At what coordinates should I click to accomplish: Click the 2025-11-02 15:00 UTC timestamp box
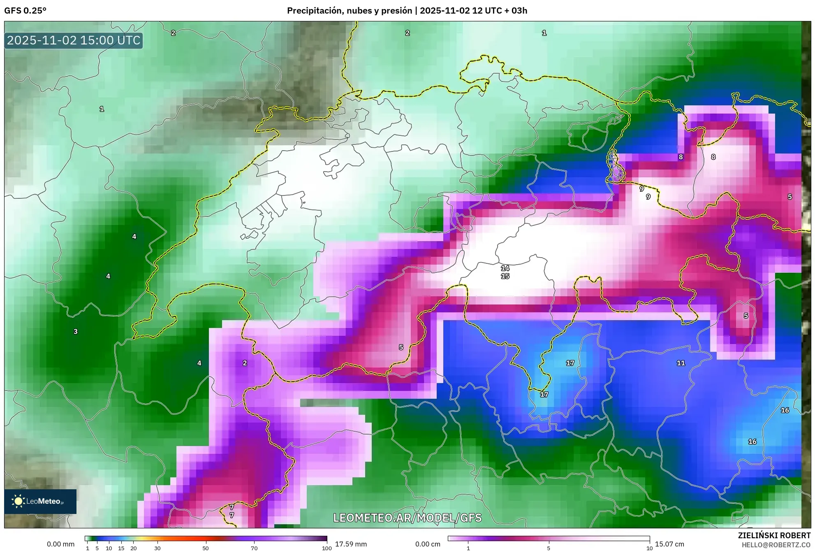point(74,40)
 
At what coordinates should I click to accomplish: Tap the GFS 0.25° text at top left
point(25,11)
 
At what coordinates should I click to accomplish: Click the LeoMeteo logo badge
point(40,501)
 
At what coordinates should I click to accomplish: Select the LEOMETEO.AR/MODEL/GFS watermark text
point(407,518)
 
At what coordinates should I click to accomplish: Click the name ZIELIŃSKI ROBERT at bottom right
point(774,535)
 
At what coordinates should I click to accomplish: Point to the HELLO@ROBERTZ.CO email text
point(776,545)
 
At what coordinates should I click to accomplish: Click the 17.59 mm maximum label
point(351,544)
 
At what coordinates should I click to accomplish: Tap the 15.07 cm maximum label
point(669,544)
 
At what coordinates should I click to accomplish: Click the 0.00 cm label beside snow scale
point(428,544)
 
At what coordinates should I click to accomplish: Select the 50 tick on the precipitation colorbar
point(206,548)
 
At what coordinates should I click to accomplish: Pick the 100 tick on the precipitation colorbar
point(326,548)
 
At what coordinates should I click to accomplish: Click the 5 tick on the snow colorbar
point(549,548)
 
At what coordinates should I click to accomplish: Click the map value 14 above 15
point(505,268)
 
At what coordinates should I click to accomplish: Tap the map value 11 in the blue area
point(681,363)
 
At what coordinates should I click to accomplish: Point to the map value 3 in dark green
point(76,331)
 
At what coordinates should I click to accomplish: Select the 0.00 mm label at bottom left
point(60,544)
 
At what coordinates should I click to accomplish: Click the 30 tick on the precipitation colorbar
point(157,548)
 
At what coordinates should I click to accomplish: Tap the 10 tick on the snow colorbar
point(649,548)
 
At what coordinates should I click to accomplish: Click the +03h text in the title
point(519,11)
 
